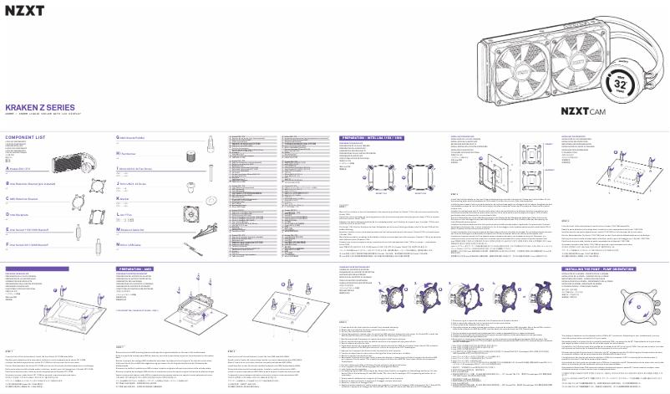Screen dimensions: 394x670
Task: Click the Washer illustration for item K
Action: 211,202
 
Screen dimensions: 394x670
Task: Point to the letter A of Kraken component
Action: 8,167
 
